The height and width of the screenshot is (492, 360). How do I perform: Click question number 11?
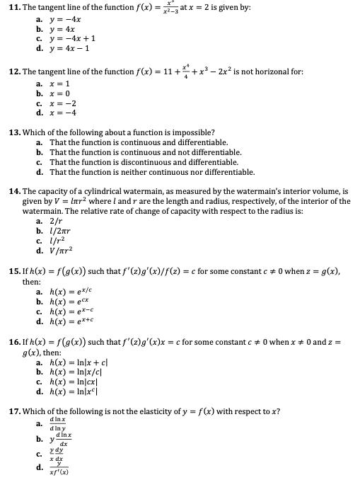pos(13,7)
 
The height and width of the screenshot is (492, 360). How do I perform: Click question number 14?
pos(13,192)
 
